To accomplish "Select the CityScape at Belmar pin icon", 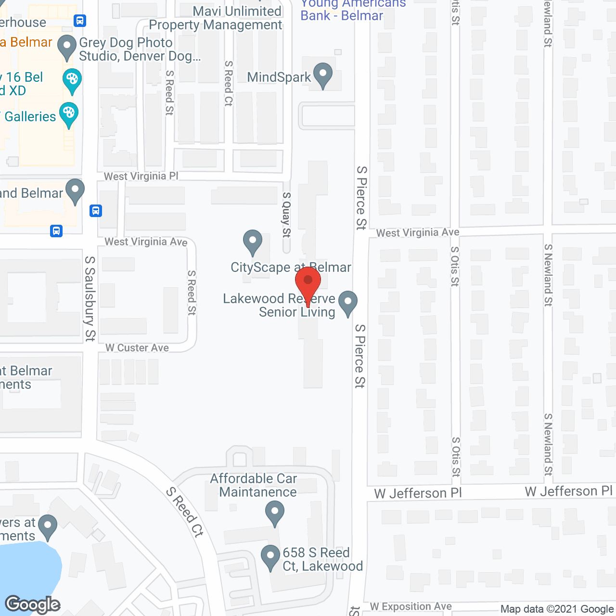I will [x=253, y=243].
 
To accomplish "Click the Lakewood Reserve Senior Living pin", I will [x=347, y=304].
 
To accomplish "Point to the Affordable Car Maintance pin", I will [x=275, y=513].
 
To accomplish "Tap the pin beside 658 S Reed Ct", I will [x=270, y=558].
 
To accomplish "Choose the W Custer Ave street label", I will [x=137, y=348].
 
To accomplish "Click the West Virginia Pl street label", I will [x=141, y=177].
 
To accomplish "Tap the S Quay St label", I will [x=286, y=215].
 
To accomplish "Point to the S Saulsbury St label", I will [x=90, y=298].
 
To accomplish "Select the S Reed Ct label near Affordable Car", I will [x=185, y=512].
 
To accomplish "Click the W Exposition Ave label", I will [x=411, y=606].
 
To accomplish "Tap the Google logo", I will [x=33, y=604].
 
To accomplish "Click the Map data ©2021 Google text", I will [x=557, y=609].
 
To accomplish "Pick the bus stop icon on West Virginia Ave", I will [x=56, y=231].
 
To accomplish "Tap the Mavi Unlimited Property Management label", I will [x=215, y=18].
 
